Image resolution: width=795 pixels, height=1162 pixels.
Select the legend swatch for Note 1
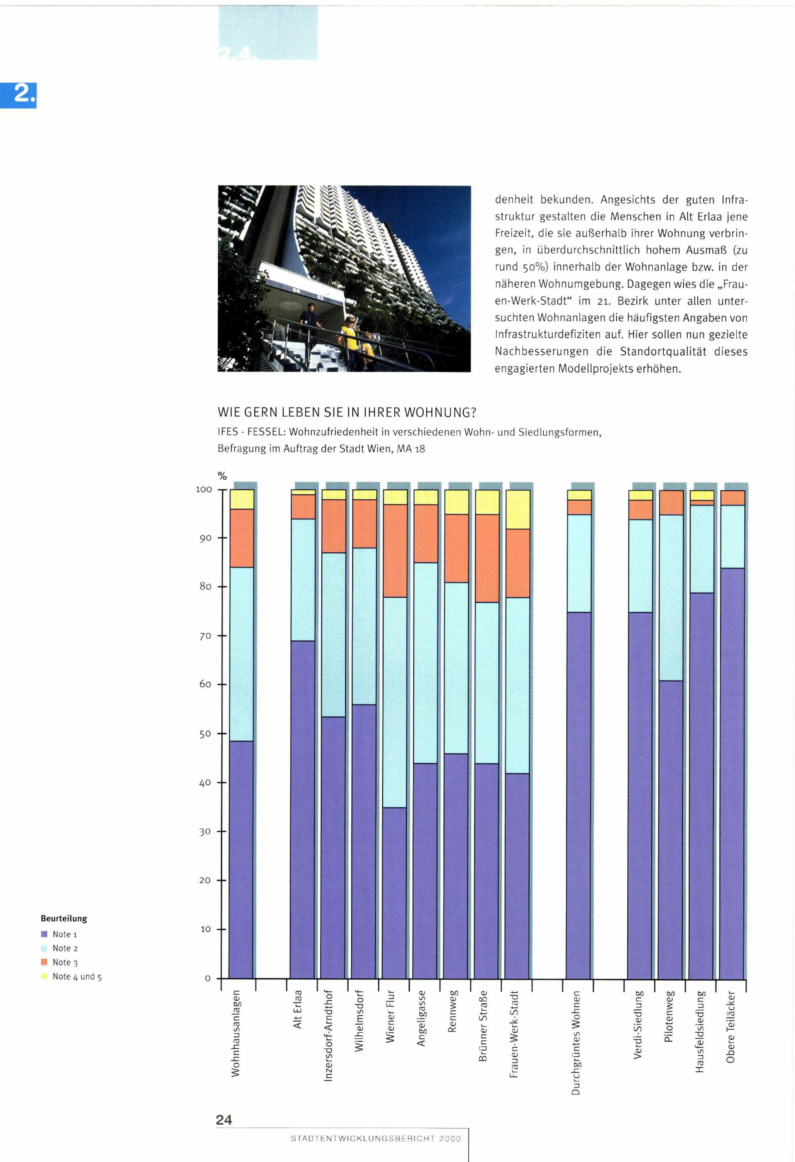[x=44, y=934]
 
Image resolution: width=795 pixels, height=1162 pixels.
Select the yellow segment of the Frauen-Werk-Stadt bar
[x=518, y=509]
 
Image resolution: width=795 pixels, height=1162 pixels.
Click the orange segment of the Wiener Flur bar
[x=395, y=550]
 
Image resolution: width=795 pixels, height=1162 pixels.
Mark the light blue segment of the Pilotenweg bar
[x=671, y=597]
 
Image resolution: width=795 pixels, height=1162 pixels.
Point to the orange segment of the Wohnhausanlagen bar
[x=241, y=538]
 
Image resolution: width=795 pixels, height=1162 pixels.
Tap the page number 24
[x=224, y=1120]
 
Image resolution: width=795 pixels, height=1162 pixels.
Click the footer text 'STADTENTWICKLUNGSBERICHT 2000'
[x=376, y=1139]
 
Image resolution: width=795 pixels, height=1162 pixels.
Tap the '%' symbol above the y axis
[x=222, y=476]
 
